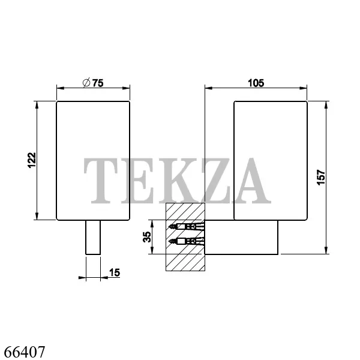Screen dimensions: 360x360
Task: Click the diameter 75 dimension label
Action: (x=93, y=83)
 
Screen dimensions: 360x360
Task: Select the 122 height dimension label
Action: (x=32, y=160)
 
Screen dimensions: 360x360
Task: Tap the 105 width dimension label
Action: (x=256, y=83)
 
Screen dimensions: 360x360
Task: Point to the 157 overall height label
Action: (x=321, y=177)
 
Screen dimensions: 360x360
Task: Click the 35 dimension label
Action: (x=147, y=237)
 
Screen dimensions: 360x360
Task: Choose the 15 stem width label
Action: (x=115, y=272)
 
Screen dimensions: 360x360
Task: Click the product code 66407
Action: (x=25, y=352)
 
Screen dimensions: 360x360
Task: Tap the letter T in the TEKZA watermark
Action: (x=101, y=181)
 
